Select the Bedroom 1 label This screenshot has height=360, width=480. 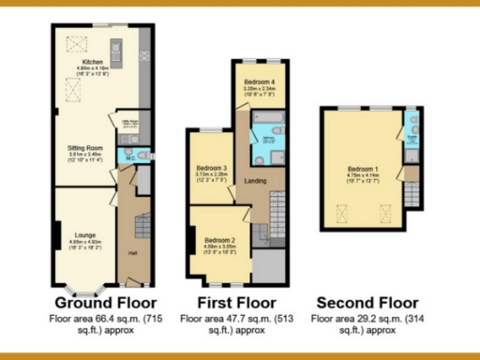point(362,166)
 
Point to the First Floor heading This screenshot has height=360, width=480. point(235,303)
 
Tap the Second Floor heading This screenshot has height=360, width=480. point(367,303)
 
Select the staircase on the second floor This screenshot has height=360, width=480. point(411,196)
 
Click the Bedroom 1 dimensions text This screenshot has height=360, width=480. point(362,178)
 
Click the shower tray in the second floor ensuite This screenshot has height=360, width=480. point(412,122)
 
